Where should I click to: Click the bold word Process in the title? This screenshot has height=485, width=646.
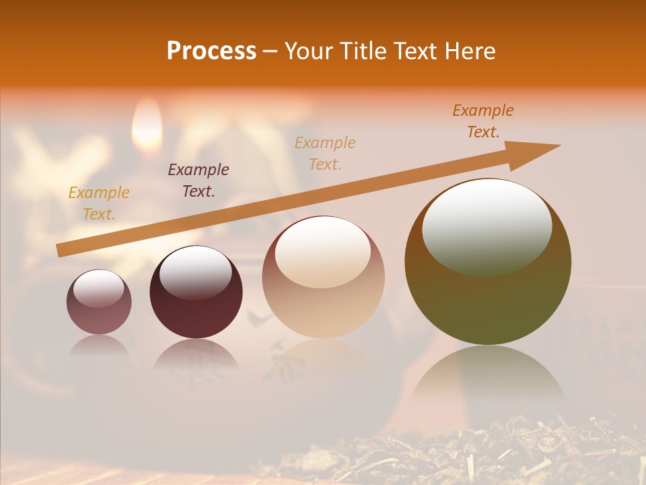click(211, 51)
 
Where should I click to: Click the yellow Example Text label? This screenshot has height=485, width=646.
click(99, 203)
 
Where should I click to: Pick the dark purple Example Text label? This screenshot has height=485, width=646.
click(199, 181)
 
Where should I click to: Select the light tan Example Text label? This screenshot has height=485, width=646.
click(325, 153)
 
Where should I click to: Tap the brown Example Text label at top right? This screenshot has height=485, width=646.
click(483, 121)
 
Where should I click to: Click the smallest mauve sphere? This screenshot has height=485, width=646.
click(99, 303)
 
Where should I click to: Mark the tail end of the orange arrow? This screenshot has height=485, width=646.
click(62, 251)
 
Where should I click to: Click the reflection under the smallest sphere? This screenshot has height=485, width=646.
click(99, 347)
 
